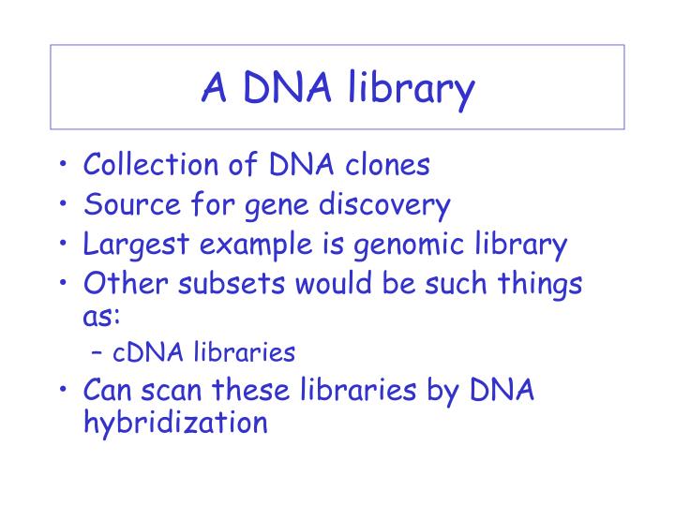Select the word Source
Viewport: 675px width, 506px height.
click(x=126, y=204)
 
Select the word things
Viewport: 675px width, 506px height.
click(x=543, y=284)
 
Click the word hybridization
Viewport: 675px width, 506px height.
click(x=175, y=423)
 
